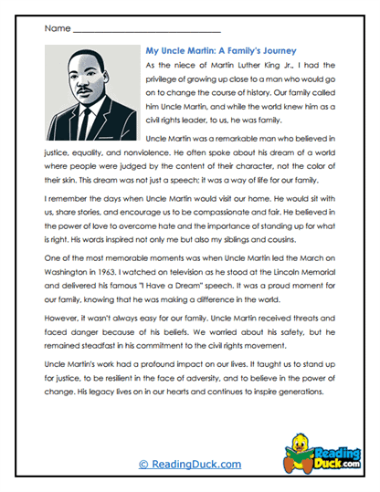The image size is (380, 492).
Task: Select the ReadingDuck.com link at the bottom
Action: point(189,465)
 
